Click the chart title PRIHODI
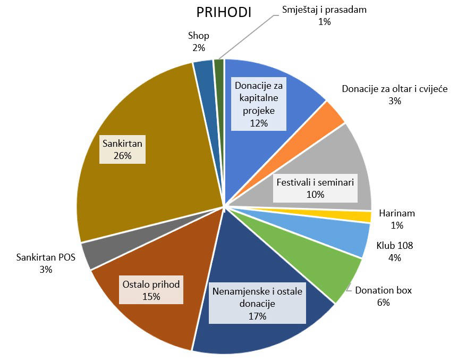click(224, 12)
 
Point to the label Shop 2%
click(199, 41)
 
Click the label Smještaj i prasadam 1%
click(324, 15)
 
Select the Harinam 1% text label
click(397, 219)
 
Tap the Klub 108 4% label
click(395, 252)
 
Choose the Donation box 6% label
click(383, 296)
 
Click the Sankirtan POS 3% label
click(46, 263)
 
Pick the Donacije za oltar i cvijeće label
click(394, 94)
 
